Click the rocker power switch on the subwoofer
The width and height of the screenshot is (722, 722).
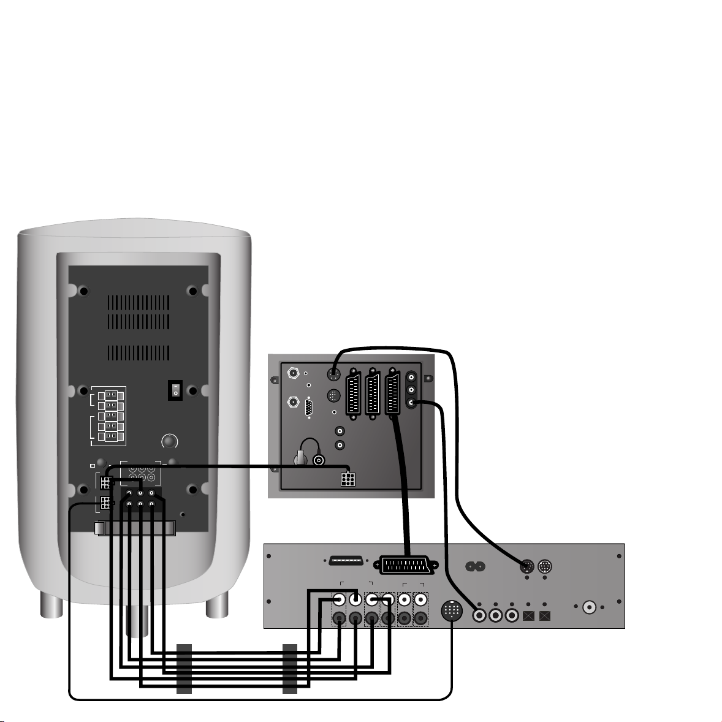tap(176, 389)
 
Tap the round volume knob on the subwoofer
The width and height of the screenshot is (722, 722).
tap(169, 441)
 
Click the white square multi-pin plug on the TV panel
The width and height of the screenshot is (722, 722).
tap(348, 478)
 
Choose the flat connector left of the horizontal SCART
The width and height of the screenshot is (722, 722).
tap(344, 561)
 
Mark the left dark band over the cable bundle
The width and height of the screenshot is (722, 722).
tap(184, 669)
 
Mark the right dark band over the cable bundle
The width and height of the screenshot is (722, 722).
tap(290, 669)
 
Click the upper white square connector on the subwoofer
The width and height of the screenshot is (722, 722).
tap(105, 482)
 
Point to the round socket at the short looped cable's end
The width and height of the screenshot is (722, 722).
tap(319, 460)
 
